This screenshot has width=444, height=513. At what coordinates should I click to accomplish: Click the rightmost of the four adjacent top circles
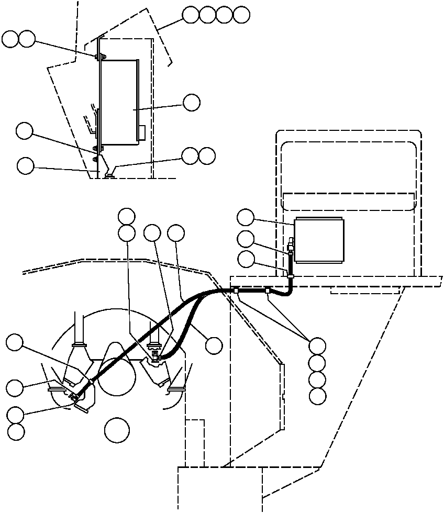[x=241, y=15]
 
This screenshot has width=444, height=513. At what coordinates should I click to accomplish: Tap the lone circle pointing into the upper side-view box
[x=192, y=103]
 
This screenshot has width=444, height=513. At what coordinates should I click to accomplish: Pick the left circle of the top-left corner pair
[x=10, y=38]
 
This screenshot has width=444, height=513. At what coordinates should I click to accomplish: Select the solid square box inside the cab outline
[x=319, y=241]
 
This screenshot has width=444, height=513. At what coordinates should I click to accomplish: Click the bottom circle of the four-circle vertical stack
[x=317, y=396]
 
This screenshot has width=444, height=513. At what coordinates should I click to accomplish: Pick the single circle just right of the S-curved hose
[x=214, y=345]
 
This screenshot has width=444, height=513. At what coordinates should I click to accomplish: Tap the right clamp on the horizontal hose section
[x=268, y=289]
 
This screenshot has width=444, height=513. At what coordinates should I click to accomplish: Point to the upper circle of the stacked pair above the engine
[x=127, y=216]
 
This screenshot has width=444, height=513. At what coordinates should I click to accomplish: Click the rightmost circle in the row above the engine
[x=176, y=233]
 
